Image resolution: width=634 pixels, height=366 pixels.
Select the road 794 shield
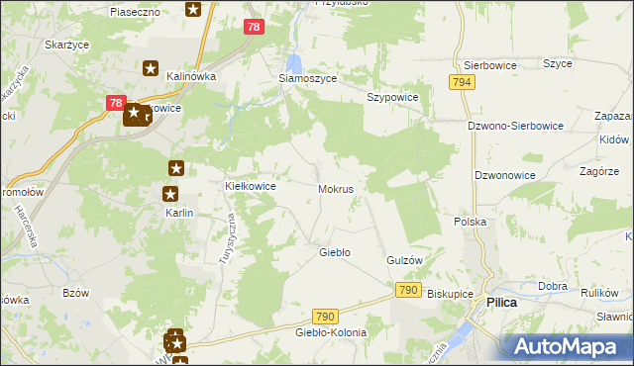pyautogui.click(x=460, y=83)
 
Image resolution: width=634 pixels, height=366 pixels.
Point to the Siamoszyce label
pyautogui.click(x=306, y=79)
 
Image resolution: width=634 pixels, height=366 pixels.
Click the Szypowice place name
pyautogui.click(x=393, y=98)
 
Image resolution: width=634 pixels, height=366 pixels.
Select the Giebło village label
pyautogui.click(x=334, y=252)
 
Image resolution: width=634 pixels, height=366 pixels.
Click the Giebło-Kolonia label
pyautogui.click(x=331, y=332)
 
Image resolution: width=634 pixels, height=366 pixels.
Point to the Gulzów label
pyautogui.click(x=404, y=259)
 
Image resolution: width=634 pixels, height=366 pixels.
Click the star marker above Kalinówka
pyautogui.click(x=151, y=68)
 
